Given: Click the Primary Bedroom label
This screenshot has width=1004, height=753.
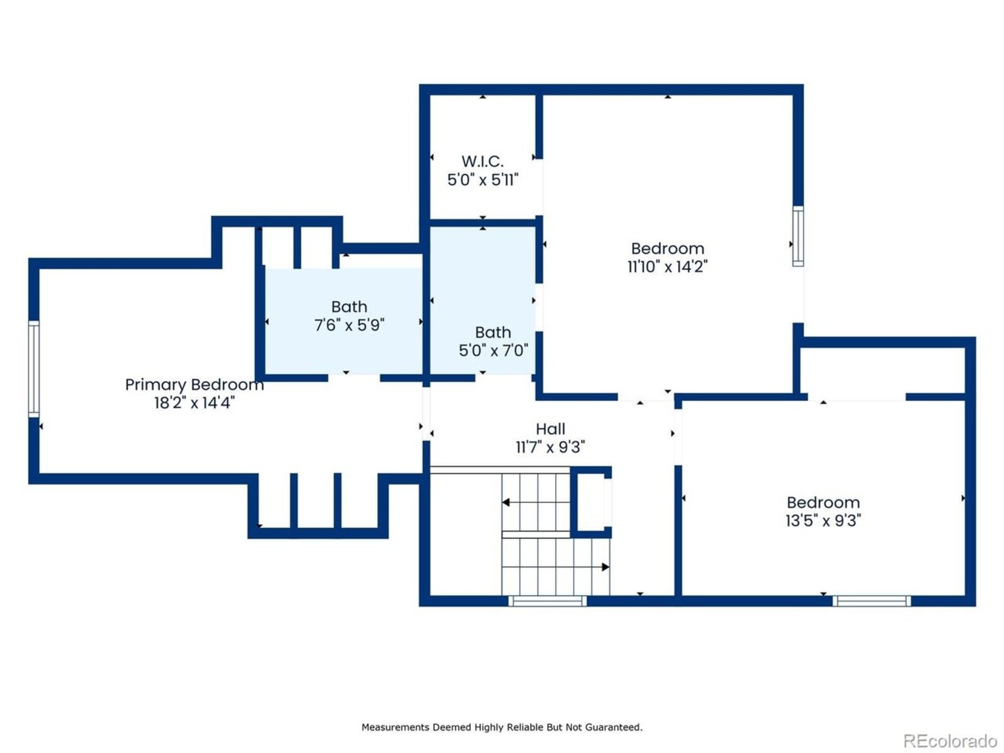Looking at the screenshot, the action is [x=195, y=385].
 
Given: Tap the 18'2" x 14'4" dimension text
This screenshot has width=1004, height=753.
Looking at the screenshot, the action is [x=195, y=403].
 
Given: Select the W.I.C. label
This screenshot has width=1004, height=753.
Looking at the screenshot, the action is [x=483, y=161].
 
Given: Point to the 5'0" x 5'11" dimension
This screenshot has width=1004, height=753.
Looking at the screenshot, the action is [x=483, y=179].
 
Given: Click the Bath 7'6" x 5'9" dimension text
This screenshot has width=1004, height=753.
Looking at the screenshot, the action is [x=349, y=325].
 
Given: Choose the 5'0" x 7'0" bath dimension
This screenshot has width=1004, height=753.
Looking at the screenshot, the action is [x=493, y=351].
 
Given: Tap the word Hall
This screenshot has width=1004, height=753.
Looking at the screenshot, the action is [x=550, y=429].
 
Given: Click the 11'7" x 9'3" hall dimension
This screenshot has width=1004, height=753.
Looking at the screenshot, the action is [x=550, y=447].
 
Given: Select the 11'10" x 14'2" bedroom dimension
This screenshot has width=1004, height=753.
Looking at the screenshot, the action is [x=668, y=267].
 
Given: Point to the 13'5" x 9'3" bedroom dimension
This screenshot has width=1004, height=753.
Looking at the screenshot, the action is [x=823, y=520].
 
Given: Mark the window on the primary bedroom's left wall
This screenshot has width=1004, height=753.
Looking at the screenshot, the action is [x=34, y=369].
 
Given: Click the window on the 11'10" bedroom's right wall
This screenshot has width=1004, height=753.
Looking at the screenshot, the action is [x=798, y=236].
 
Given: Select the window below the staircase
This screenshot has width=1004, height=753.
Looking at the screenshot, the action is [x=547, y=601].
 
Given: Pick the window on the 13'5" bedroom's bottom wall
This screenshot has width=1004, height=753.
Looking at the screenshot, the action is [x=872, y=601].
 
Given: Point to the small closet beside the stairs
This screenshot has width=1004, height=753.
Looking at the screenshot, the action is [x=591, y=502].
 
